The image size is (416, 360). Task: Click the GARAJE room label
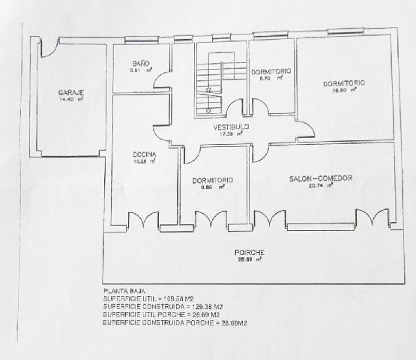pos(70,92)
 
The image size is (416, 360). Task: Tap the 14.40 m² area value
pos(70,99)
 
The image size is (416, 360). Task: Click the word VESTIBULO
pos(231,127)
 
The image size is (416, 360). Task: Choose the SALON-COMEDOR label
pos(321,178)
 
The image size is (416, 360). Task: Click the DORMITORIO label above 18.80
pos(343,82)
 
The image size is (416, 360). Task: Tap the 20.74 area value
pos(320,186)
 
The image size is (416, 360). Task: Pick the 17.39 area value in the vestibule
pos(230,134)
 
